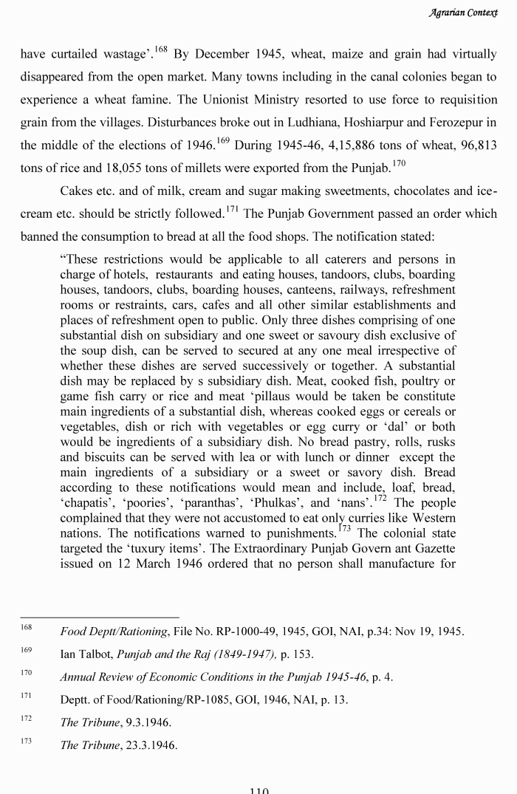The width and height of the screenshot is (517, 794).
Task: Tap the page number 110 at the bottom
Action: [x=258, y=790]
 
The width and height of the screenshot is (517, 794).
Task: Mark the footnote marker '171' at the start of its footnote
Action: [x=26, y=697]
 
